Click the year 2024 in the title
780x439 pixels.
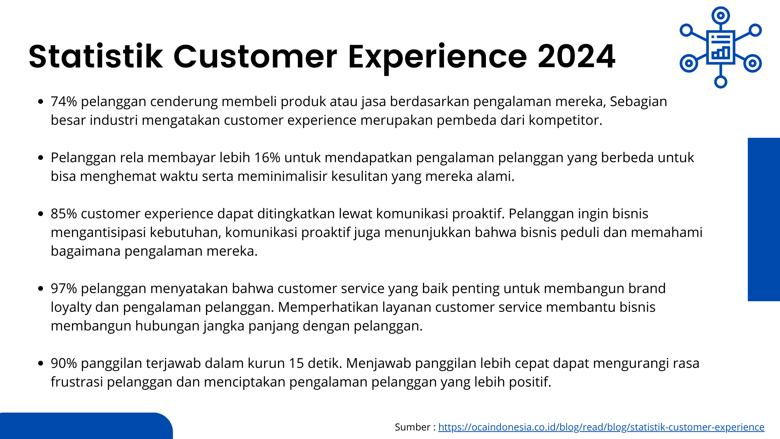[x=576, y=56]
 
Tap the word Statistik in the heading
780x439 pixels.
[x=95, y=56]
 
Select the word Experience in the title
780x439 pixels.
[x=438, y=57]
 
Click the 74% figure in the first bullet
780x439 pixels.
[x=64, y=101]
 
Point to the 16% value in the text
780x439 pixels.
[x=267, y=157]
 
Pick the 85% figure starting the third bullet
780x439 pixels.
[x=64, y=213]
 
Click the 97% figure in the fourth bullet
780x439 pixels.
[x=64, y=288]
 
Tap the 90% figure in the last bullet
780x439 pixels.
[x=64, y=363]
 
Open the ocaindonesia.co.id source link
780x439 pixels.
[x=601, y=427]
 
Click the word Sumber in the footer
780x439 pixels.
[x=413, y=427]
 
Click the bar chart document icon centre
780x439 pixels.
[x=721, y=47]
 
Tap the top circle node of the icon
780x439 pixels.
[x=721, y=16]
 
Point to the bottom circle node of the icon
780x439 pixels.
[x=721, y=82]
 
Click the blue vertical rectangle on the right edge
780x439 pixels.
[x=764, y=219]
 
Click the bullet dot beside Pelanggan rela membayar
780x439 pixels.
[x=40, y=158]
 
